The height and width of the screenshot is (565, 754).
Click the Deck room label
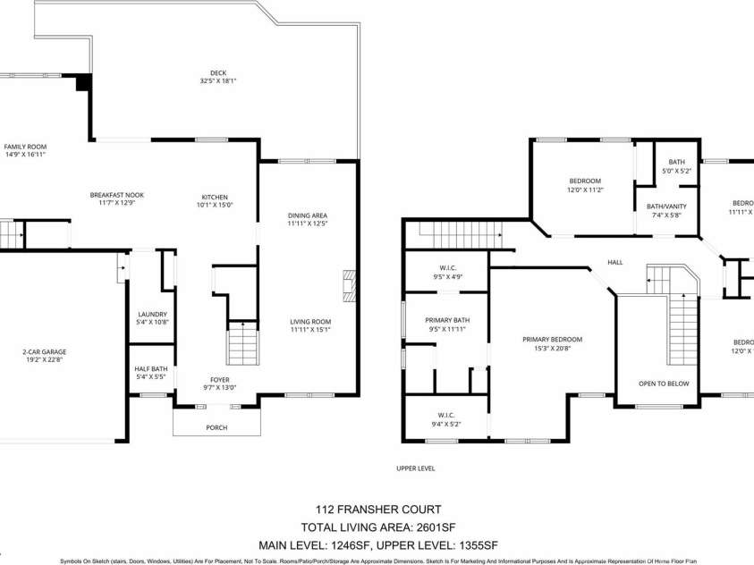pos(217,73)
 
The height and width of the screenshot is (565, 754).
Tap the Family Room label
pos(25,147)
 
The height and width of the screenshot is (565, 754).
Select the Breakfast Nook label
pos(116,195)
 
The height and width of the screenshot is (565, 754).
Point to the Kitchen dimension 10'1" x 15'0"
pos(215,205)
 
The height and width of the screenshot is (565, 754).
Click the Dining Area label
pos(307,215)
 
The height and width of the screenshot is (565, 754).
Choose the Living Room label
pos(310,322)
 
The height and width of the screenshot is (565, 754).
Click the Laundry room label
pos(152,314)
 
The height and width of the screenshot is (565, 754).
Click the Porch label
pos(216,427)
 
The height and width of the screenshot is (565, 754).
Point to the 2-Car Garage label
pos(45,351)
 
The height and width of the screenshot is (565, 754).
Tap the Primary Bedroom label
pos(553,339)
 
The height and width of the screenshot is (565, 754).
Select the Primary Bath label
pos(447,320)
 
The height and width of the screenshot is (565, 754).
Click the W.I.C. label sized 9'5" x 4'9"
pos(447,268)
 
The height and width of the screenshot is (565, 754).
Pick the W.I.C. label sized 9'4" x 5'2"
pos(447,413)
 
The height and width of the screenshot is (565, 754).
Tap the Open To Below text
pos(664,383)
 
